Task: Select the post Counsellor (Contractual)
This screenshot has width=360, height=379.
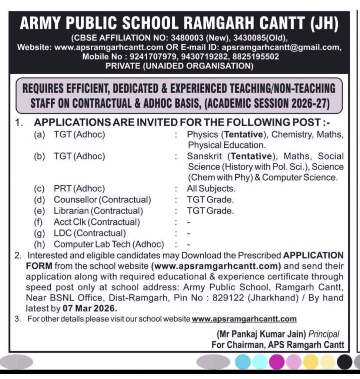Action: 102,200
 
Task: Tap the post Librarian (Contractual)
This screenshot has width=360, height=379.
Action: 98,211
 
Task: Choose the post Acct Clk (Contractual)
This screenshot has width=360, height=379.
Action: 97,222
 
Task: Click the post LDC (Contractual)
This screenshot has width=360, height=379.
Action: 90,233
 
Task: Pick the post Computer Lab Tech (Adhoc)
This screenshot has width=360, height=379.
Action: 109,244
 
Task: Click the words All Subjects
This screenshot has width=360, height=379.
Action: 211,189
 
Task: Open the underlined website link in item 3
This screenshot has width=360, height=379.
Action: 244,319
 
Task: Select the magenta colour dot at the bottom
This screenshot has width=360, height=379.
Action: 276,361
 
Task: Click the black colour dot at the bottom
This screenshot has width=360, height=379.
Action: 345,361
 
